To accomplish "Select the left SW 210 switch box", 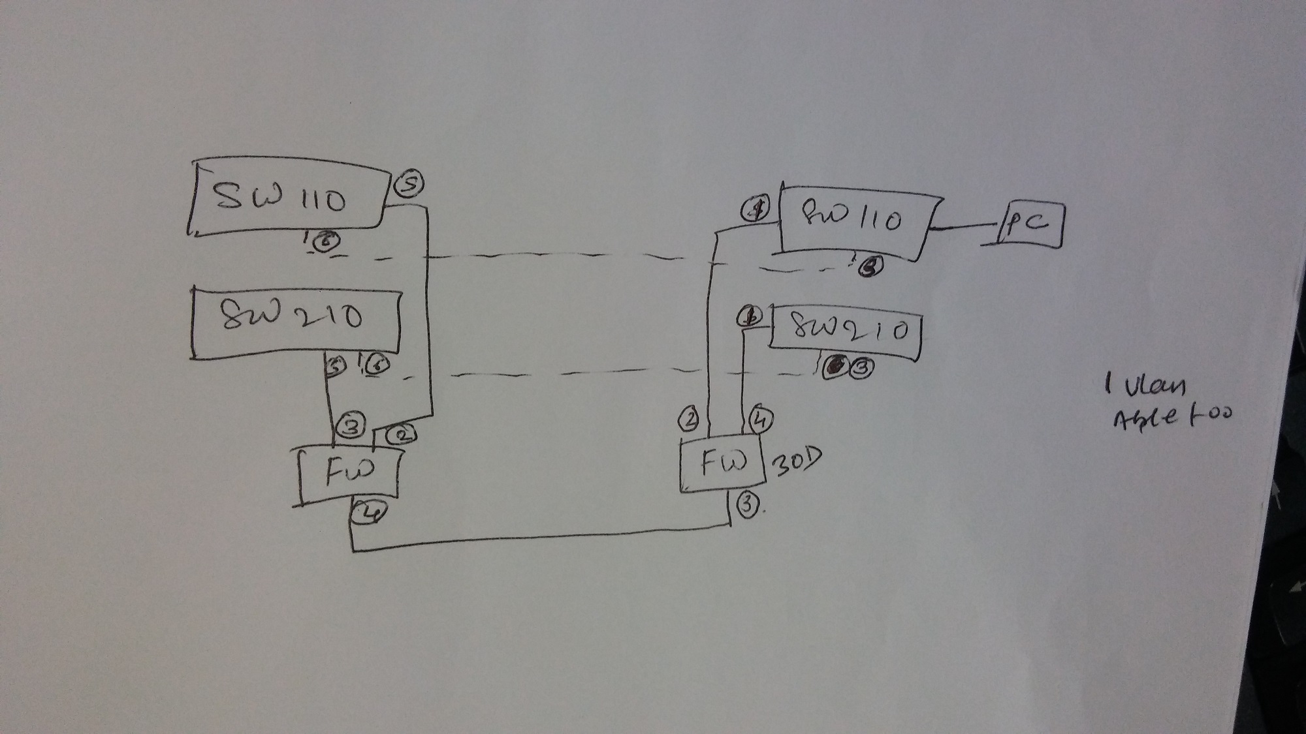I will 295,321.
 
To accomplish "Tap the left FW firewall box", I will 347,474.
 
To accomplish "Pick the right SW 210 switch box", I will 846,331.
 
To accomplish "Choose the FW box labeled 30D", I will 722,464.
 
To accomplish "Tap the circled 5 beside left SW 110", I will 409,185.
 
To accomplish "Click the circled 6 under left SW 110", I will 324,242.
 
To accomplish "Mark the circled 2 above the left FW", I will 403,434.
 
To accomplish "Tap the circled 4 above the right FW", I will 760,420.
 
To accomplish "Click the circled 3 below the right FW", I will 747,505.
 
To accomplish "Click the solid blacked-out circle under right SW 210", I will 834,367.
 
